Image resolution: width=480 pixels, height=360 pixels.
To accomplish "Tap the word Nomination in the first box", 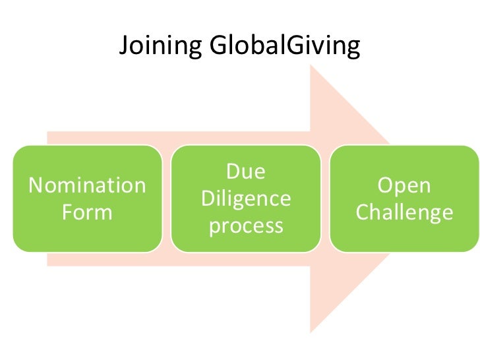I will pyautogui.click(x=87, y=185).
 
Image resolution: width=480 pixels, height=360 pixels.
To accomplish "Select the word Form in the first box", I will pyautogui.click(x=87, y=212).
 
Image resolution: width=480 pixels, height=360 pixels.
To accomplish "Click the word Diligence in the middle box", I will pyautogui.click(x=245, y=198).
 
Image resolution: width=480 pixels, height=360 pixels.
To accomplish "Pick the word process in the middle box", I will pyautogui.click(x=245, y=225).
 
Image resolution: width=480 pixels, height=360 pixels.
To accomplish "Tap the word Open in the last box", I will pyautogui.click(x=404, y=185).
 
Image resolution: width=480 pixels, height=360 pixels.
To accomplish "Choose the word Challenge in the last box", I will pyautogui.click(x=404, y=212).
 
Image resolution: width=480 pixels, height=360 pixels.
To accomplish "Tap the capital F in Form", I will pyautogui.click(x=66, y=212).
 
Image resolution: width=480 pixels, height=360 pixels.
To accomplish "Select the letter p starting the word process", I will pyautogui.click(x=213, y=227).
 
